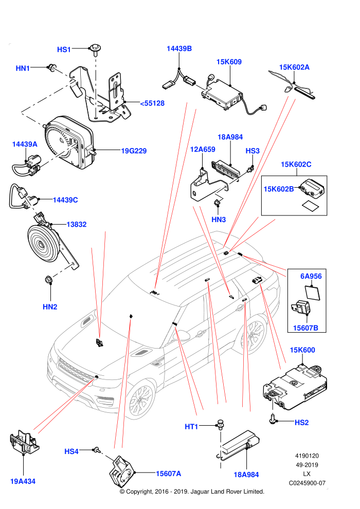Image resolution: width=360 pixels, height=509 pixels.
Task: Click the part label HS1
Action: [64, 49]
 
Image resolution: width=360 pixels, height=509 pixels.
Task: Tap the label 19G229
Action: [134, 151]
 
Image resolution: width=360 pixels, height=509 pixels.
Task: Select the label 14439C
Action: [65, 200]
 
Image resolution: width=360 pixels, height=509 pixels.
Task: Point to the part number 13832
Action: [76, 224]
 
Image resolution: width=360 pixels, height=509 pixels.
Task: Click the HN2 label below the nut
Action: [50, 307]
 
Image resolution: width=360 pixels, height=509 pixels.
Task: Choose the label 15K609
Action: [229, 62]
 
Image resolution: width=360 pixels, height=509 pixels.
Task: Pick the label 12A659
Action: [203, 149]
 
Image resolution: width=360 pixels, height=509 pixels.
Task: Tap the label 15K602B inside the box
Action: [279, 189]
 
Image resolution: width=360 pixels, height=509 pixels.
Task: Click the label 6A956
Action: [311, 276]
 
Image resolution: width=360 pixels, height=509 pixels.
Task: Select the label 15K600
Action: [302, 350]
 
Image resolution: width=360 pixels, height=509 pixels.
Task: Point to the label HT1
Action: [191, 427]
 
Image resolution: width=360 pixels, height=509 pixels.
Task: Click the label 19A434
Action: [23, 481]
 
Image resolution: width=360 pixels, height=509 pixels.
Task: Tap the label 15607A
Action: [169, 474]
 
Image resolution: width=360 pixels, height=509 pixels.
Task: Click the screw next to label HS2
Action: [272, 420]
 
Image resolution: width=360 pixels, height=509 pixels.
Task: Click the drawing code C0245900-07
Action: [307, 483]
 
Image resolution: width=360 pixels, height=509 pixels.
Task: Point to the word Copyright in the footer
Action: [139, 492]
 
